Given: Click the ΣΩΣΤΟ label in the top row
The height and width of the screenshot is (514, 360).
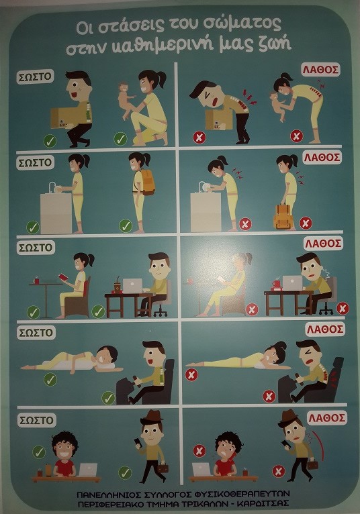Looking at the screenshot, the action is (x=35, y=76).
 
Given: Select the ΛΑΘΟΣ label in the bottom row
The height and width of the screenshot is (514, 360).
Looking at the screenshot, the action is (x=327, y=418).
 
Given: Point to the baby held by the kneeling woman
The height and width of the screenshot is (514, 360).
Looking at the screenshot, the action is (x=127, y=99).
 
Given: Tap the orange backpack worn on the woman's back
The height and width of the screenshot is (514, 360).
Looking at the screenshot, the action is (x=146, y=182).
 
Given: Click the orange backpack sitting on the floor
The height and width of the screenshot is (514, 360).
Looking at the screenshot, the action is (x=283, y=216).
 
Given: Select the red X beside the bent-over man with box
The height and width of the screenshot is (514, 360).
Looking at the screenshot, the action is (x=199, y=138).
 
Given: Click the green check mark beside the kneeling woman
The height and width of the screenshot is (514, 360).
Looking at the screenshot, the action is (x=120, y=139).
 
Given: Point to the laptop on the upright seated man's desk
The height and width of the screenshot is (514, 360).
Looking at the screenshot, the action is (x=132, y=285).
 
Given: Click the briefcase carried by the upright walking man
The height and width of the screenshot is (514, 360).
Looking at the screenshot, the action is (x=163, y=468).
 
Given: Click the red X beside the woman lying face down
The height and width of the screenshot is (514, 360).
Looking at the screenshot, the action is (x=191, y=374).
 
